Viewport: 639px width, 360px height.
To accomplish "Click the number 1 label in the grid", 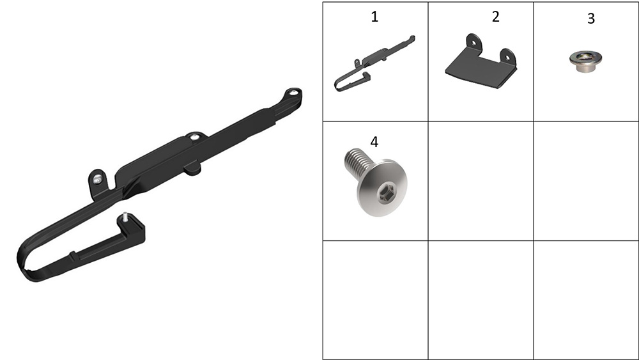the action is [374, 17].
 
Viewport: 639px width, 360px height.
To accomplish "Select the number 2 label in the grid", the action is [496, 17].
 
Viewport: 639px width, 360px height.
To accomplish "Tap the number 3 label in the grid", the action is [591, 19].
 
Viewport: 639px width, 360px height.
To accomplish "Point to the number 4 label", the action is [374, 142].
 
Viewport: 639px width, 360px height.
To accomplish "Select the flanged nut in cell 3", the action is [585, 61].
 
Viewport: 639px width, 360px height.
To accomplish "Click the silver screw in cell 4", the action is [376, 182].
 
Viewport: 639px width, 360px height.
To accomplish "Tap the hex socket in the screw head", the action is [385, 192].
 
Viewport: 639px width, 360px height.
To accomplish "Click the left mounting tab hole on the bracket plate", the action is [473, 42].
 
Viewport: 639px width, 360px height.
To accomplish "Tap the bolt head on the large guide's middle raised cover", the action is [195, 137].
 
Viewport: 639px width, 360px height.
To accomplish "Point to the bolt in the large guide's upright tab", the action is [97, 179].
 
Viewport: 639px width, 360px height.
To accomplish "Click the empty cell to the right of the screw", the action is [481, 180].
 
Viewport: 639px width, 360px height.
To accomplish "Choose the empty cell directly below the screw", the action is [375, 300].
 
